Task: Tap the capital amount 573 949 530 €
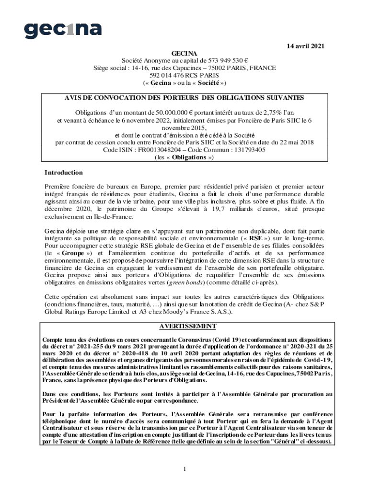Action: click(x=227, y=60)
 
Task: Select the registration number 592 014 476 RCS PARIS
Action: click(x=184, y=75)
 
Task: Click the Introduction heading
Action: click(x=64, y=173)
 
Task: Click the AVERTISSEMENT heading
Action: click(x=184, y=327)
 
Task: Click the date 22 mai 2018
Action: click(x=296, y=142)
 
